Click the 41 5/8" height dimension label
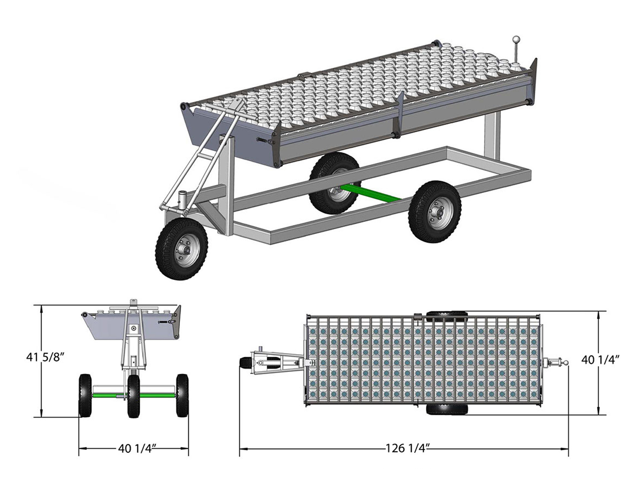(x=45, y=357)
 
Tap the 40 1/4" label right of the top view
(x=601, y=359)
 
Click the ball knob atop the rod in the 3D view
(x=516, y=47)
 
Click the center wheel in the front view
(x=134, y=396)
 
